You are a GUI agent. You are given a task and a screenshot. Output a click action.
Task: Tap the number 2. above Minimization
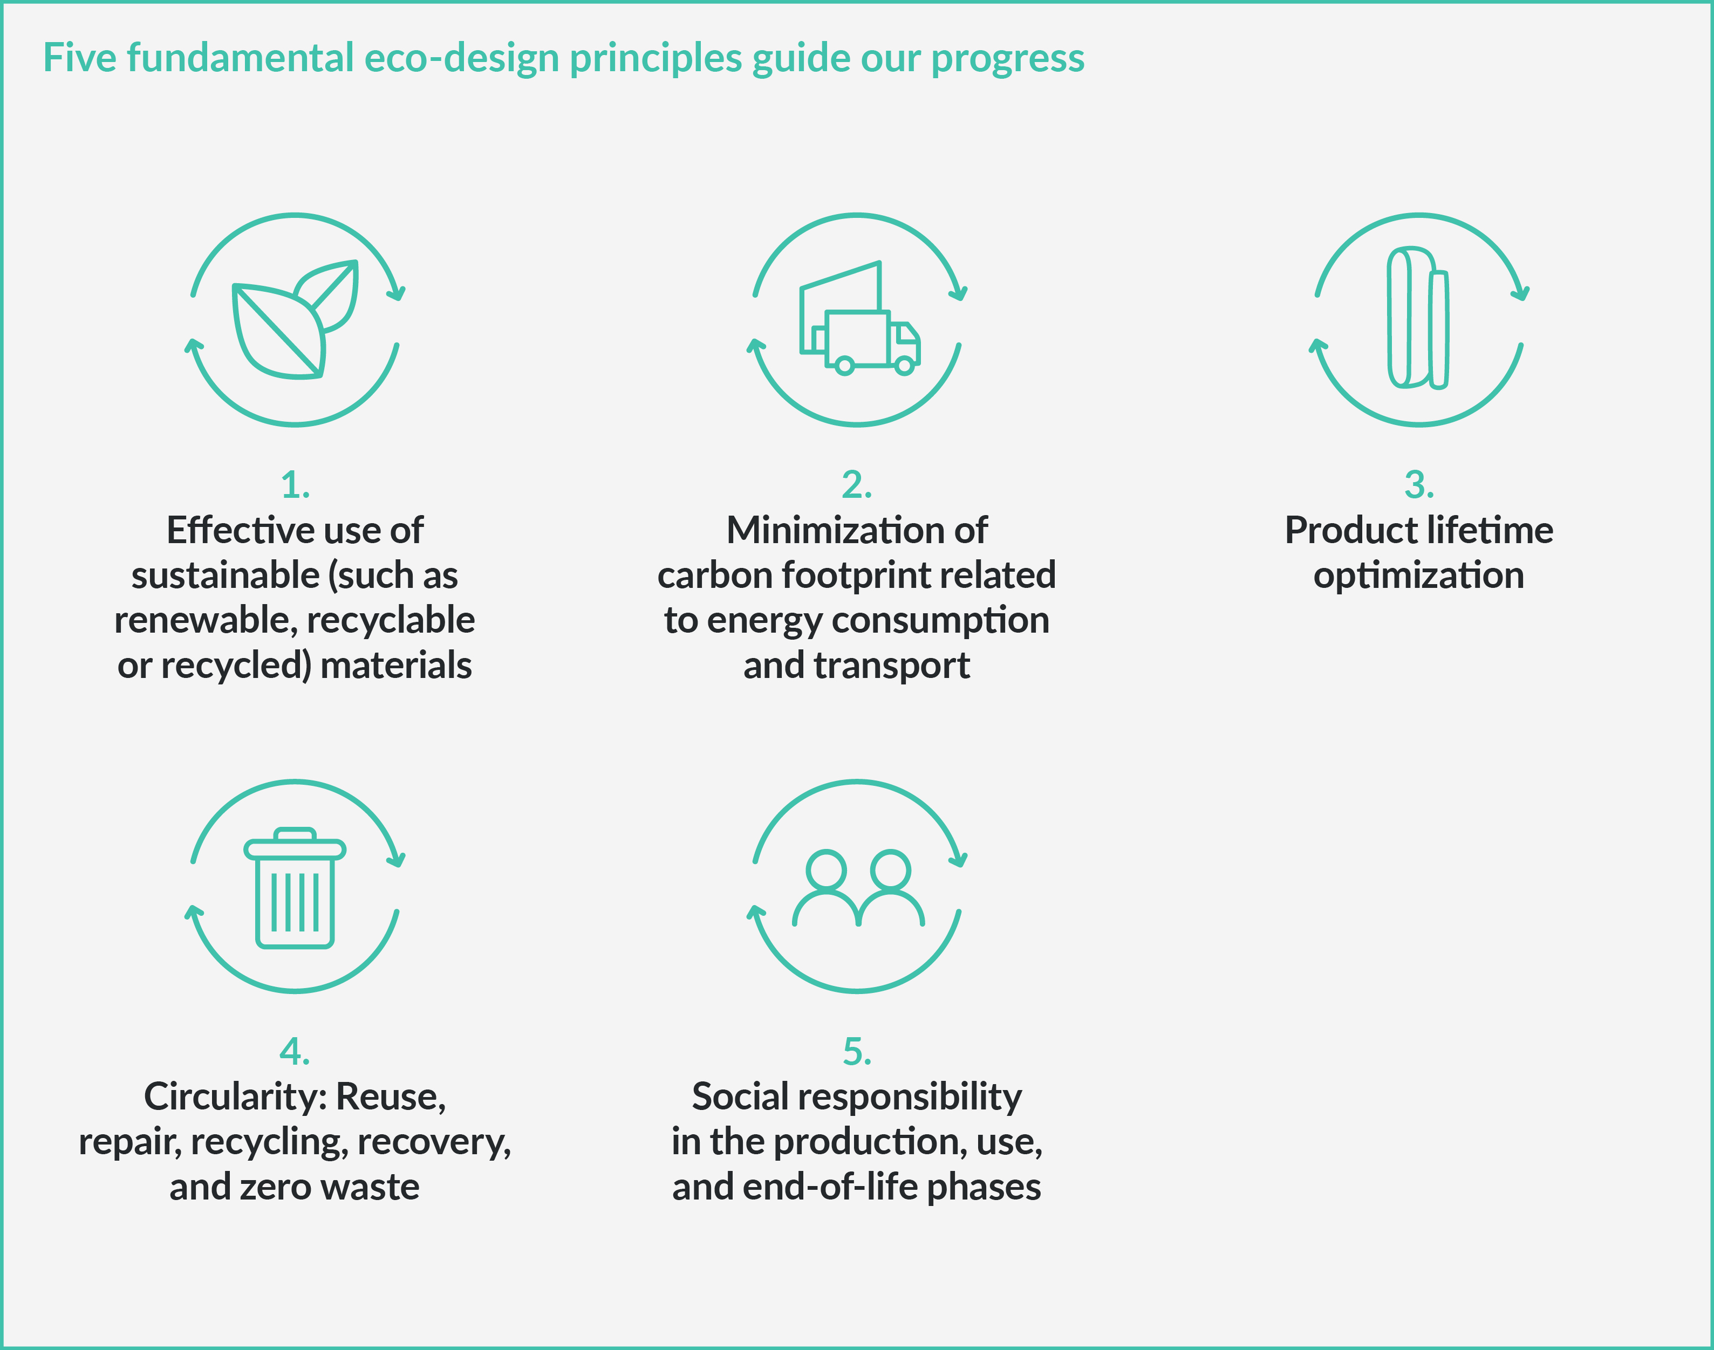click(x=857, y=484)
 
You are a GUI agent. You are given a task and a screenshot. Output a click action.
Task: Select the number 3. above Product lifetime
click(x=1419, y=484)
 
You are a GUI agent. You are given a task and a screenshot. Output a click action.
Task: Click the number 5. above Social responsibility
click(x=857, y=1051)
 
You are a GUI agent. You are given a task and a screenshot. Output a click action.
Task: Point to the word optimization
click(x=1418, y=576)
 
